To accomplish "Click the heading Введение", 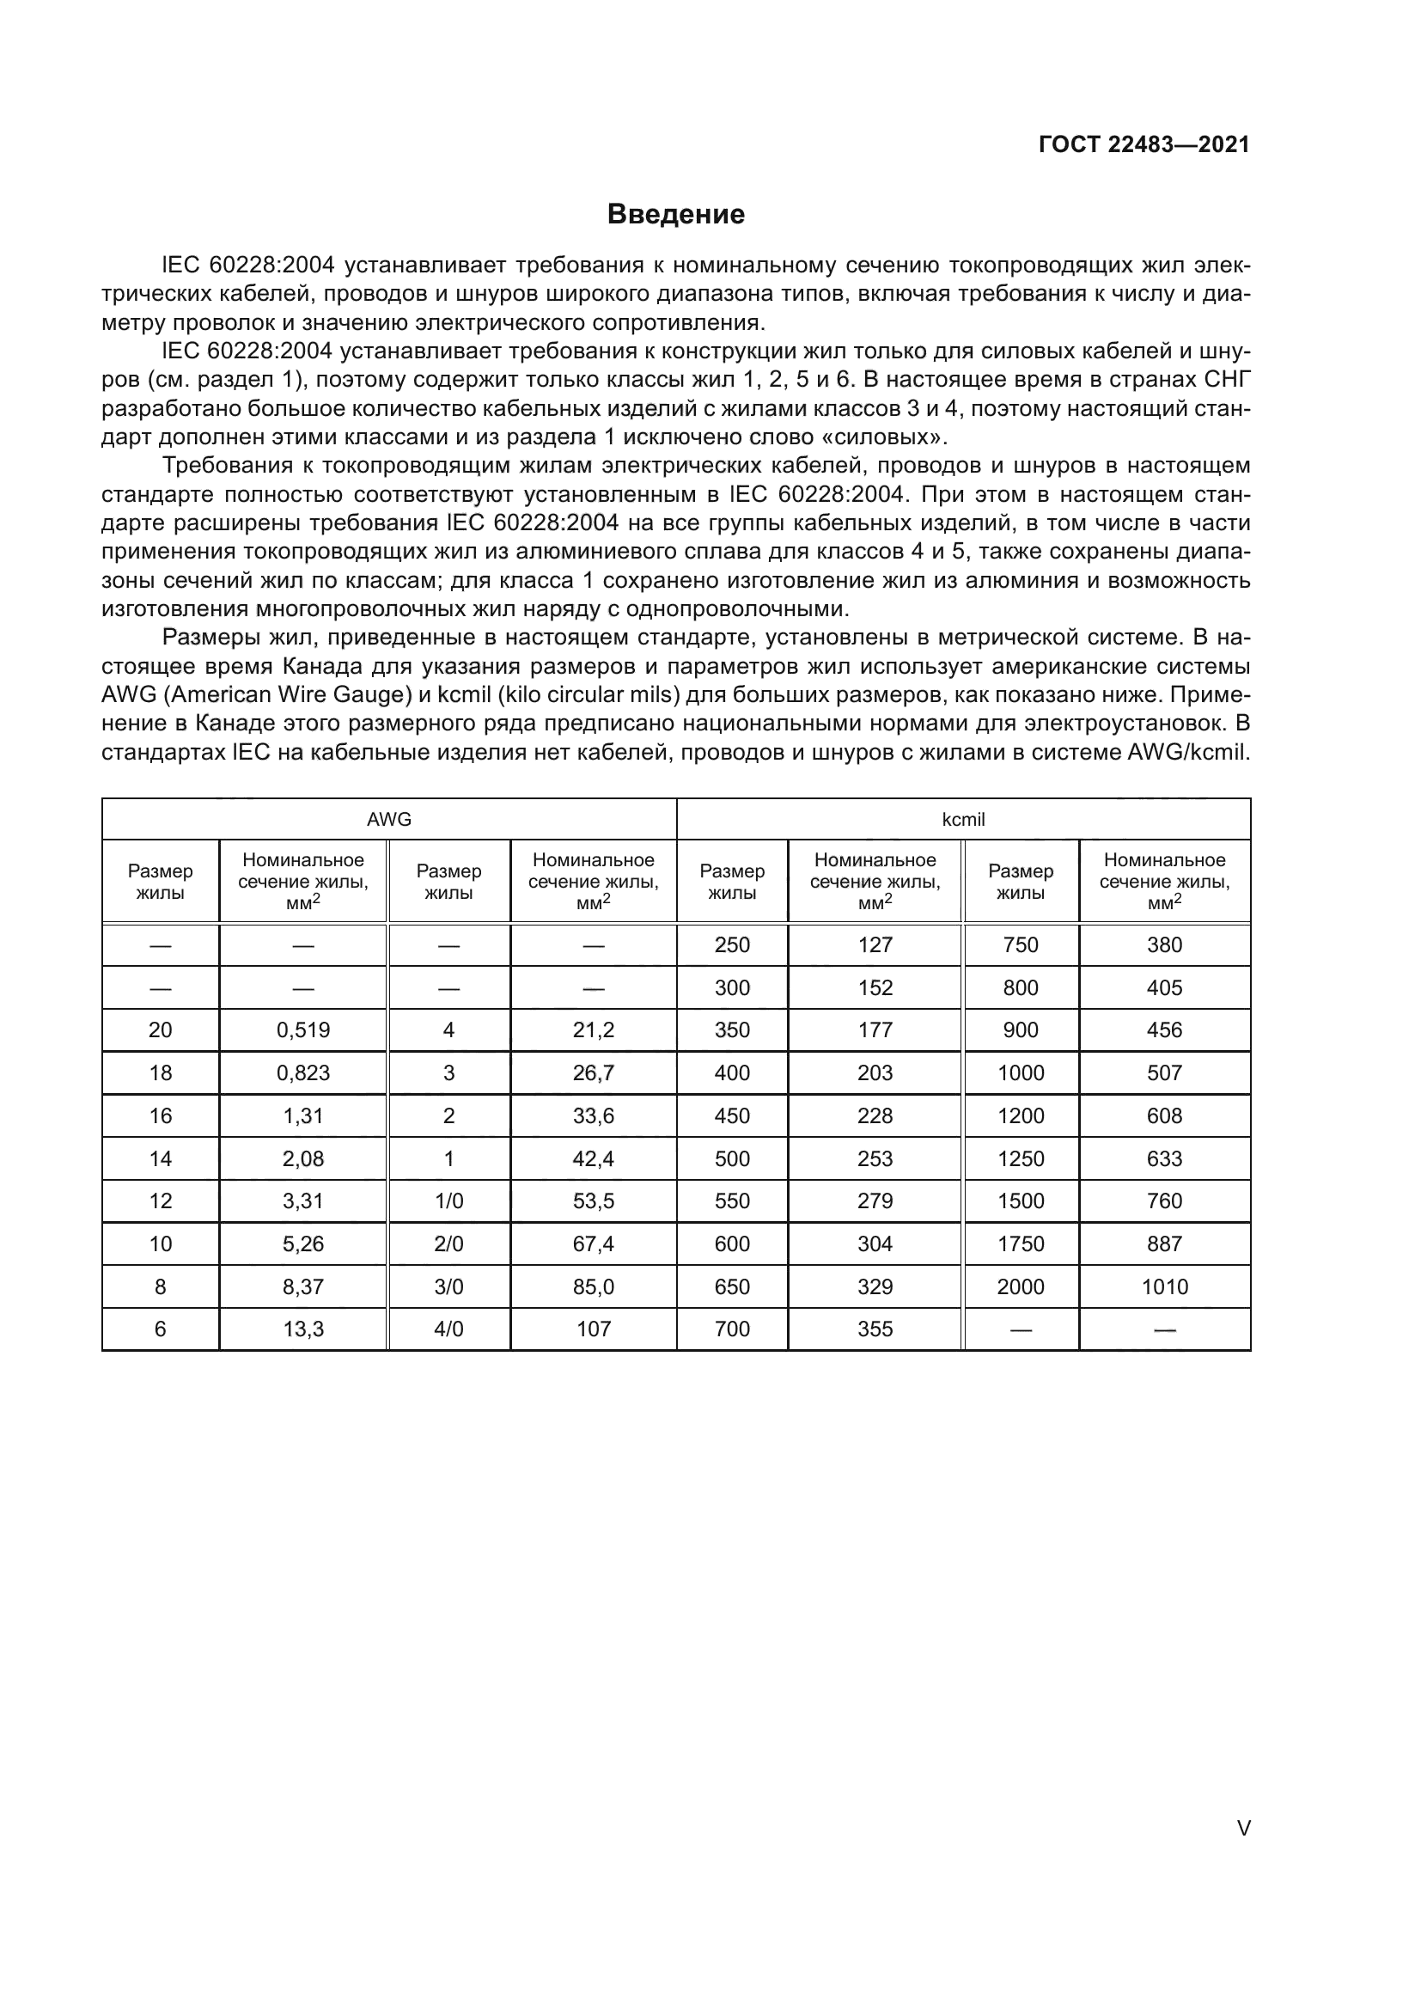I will pos(675,215).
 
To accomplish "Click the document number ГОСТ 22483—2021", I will pos(1144,144).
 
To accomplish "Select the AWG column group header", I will pos(388,820).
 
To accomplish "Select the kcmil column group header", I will pos(963,820).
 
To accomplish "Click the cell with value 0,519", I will pos(302,1030).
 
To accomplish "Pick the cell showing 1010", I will pos(1164,1287).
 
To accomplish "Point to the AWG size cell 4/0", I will pos(448,1329).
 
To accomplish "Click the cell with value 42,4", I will pos(594,1159).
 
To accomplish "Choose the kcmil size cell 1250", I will pos(1021,1159).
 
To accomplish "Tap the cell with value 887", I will pos(1164,1244).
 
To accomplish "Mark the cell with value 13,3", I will pos(302,1329).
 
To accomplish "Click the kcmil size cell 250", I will pos(731,945).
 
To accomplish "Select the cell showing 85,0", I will pos(594,1287).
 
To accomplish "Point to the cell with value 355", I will pos(875,1329).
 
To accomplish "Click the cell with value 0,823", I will pos(302,1073).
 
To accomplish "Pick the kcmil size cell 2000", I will pos(1021,1287).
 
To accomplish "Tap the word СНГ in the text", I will pos(1226,380).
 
